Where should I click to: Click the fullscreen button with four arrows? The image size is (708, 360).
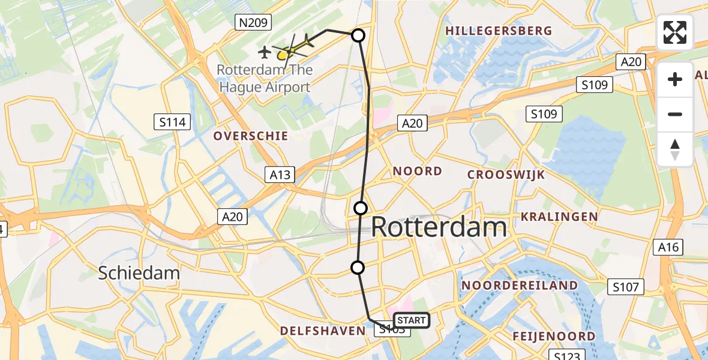[x=675, y=32]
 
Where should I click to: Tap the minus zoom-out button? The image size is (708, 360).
[x=675, y=115]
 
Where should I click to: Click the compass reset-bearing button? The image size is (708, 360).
[x=675, y=149]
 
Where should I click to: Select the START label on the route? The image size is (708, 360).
[x=411, y=320]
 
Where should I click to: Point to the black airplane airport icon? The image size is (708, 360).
[x=264, y=53]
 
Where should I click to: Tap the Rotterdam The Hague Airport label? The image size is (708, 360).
[x=265, y=78]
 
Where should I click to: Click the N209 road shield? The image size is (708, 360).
[x=254, y=23]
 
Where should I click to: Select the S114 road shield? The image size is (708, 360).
[x=172, y=123]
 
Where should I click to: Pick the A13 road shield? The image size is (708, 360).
[x=280, y=175]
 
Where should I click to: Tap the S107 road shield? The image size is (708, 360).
[x=626, y=287]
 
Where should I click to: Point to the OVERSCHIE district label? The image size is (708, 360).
[x=251, y=136]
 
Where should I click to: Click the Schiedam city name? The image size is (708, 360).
[x=139, y=274]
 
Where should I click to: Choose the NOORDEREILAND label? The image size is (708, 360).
[x=520, y=286]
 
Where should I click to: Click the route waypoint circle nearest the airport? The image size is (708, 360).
[x=358, y=35]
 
